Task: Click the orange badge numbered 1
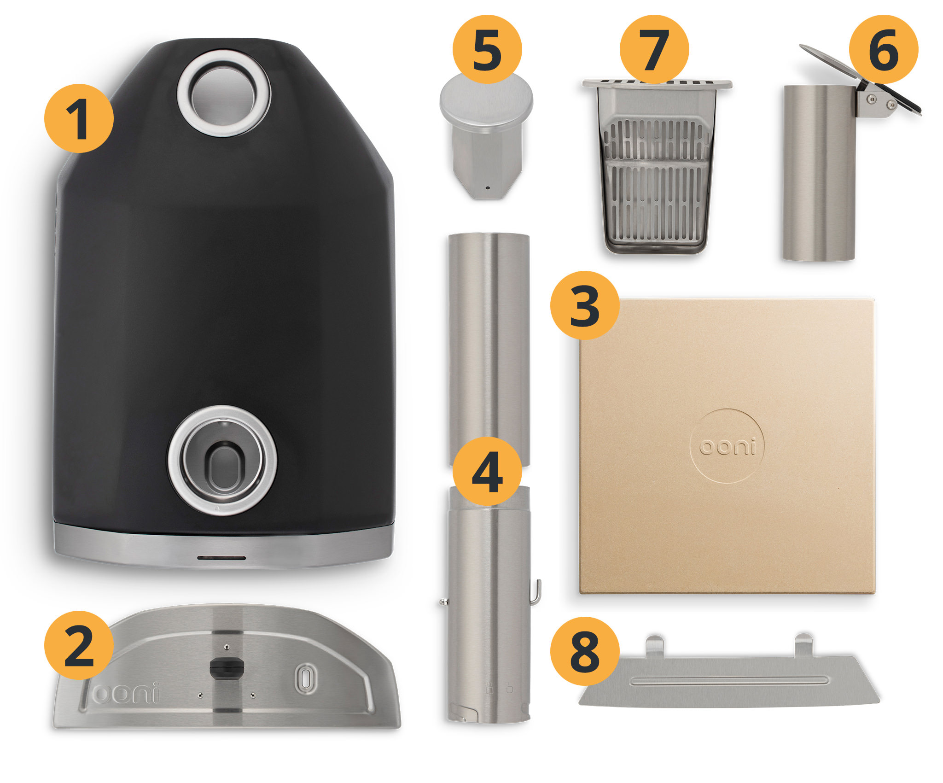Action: pos(79,118)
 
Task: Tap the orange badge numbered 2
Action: pos(79,645)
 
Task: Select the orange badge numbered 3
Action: pos(585,305)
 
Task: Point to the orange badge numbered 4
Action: pos(487,471)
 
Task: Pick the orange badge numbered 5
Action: pos(487,49)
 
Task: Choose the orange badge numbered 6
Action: pos(884,49)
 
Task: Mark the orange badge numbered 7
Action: pos(654,49)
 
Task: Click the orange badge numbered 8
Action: pos(585,651)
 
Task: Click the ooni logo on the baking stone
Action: pos(728,446)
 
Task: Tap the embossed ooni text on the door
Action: pos(125,693)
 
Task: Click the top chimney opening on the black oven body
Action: pos(224,94)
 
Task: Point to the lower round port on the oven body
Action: pos(222,461)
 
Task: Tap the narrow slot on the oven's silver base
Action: pos(221,558)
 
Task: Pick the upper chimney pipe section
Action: pos(489,350)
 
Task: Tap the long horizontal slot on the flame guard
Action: pos(729,681)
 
